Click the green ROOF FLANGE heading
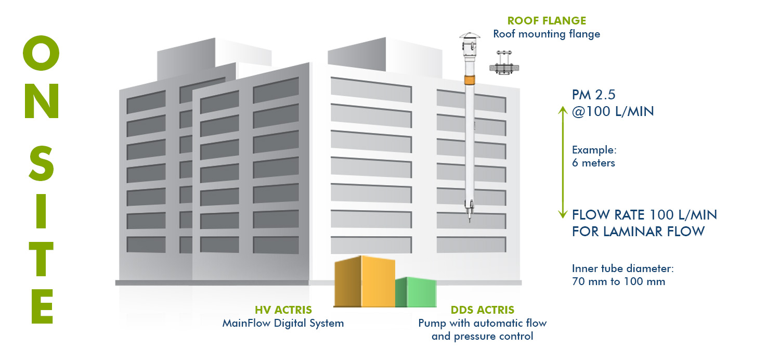pyautogui.click(x=547, y=21)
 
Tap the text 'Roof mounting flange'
pyautogui.click(x=547, y=34)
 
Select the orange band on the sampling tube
pyautogui.click(x=470, y=80)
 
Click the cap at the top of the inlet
pyautogui.click(x=470, y=35)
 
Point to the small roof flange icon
pyautogui.click(x=504, y=63)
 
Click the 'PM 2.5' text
pyautogui.click(x=594, y=95)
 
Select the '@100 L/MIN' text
pyautogui.click(x=613, y=111)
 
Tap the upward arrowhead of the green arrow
pyautogui.click(x=563, y=110)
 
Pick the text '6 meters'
pyautogui.click(x=593, y=163)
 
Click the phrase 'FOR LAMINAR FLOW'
pyautogui.click(x=638, y=232)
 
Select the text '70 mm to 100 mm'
pyautogui.click(x=618, y=281)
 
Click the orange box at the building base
pyautogui.click(x=365, y=281)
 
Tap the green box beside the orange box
pyautogui.click(x=416, y=292)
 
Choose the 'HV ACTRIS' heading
pyautogui.click(x=283, y=310)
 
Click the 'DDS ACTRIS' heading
pyautogui.click(x=482, y=310)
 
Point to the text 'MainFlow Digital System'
pyautogui.click(x=283, y=324)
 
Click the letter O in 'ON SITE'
pyautogui.click(x=41, y=53)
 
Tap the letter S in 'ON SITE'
pyautogui.click(x=41, y=163)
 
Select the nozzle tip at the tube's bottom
pyautogui.click(x=470, y=219)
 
